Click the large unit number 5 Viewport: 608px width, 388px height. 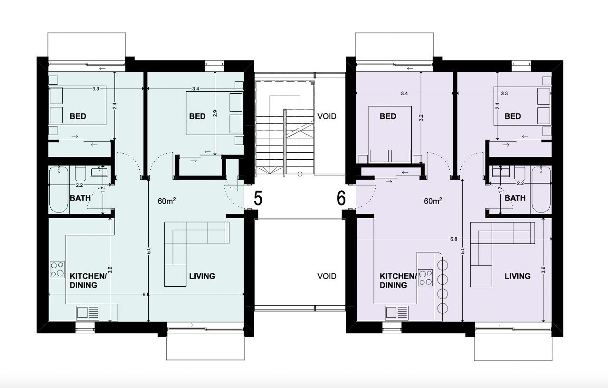(258, 198)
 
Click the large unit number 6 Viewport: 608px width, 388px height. (341, 198)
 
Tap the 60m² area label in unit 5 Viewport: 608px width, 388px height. (166, 201)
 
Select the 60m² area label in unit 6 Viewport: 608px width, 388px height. (433, 201)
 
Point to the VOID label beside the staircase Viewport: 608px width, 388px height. (327, 116)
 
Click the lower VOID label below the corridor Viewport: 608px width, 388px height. (327, 276)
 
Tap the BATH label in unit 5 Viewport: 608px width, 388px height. (80, 198)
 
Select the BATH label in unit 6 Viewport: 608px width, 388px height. (515, 198)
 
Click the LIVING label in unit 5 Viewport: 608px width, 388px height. (202, 276)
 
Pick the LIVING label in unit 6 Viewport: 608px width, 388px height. (518, 276)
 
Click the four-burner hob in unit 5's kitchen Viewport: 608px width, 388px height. (57, 269)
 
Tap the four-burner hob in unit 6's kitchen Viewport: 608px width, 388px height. (425, 277)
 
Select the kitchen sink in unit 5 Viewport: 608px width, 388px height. (88, 312)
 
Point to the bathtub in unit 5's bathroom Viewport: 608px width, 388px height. (58, 189)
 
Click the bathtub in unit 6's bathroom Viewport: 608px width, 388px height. (541, 189)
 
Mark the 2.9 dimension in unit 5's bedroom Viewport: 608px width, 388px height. (215, 113)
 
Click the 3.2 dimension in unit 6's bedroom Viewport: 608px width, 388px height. (421, 117)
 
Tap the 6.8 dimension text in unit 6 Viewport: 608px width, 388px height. (454, 239)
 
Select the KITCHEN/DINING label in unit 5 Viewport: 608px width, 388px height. (88, 281)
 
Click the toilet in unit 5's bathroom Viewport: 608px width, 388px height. (80, 174)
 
